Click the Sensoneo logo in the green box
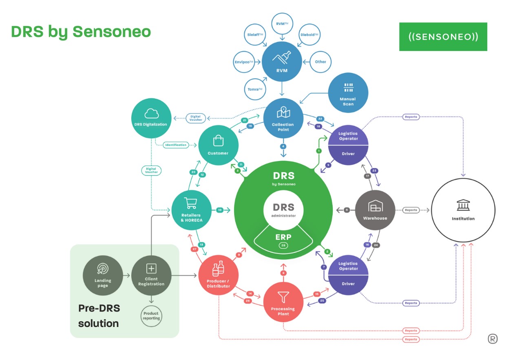pos(443,37)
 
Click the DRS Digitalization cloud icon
pos(151,114)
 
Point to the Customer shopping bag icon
pos(219,141)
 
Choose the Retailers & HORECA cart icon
pos(191,203)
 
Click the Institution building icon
pos(463,206)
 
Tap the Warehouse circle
pos(375,210)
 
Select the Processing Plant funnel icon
pos(283,296)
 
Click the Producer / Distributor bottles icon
pos(218,269)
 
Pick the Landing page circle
pos(102,275)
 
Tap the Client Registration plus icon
pos(151,268)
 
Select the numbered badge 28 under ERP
pos(283,245)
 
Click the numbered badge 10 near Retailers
pos(219,210)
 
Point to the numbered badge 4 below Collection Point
pos(283,146)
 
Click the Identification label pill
pos(176,145)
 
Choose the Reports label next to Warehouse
pos(411,210)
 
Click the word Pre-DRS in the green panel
pos(99,308)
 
